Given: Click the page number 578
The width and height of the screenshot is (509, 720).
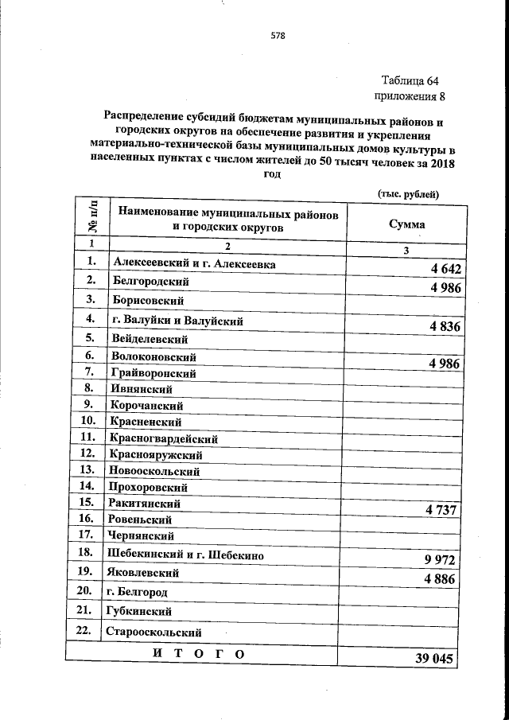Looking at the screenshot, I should pos(277,36).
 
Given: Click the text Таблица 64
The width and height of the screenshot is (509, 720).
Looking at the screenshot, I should pos(410,81).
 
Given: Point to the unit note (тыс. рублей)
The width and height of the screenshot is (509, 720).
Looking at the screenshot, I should pos(407,194).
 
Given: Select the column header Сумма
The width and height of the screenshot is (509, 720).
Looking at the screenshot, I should pos(406,224).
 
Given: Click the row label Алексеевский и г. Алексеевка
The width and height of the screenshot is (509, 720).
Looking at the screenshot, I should pos(195,264).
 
